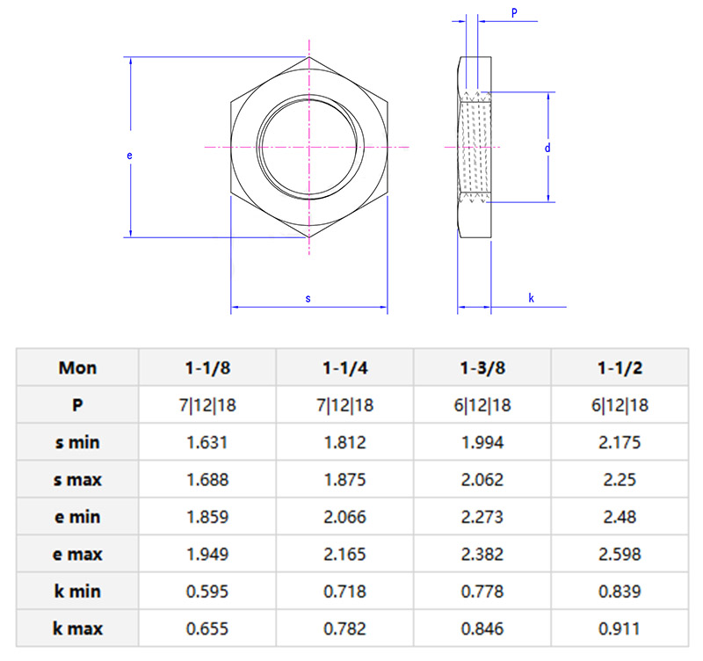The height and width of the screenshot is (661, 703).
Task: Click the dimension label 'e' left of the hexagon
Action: click(129, 156)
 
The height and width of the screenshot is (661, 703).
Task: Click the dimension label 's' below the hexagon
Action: click(308, 299)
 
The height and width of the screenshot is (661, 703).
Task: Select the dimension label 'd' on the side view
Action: click(547, 148)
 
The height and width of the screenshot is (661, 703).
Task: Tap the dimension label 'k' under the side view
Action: click(532, 299)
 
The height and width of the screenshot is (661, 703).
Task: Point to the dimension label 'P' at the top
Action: click(514, 12)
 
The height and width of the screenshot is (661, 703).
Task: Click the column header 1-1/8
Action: click(207, 367)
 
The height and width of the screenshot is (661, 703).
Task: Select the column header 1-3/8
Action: click(482, 367)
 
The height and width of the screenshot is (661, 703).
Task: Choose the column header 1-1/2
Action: click(620, 367)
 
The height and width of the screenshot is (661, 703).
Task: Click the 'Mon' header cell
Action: click(78, 367)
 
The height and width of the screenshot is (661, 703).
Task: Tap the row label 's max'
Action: click(78, 480)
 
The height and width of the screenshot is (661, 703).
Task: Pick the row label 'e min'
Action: click(78, 517)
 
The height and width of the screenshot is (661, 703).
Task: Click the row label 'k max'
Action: click(78, 628)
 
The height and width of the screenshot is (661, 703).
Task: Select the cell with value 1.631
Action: click(207, 442)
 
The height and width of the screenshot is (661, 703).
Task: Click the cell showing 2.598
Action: click(620, 555)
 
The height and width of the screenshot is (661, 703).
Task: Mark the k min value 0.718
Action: click(344, 592)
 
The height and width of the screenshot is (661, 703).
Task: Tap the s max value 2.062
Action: click(482, 480)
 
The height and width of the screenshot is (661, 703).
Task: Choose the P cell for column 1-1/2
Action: click(620, 405)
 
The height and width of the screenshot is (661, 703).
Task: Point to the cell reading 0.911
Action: click(620, 628)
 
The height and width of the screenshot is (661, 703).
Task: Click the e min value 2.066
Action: click(344, 517)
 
